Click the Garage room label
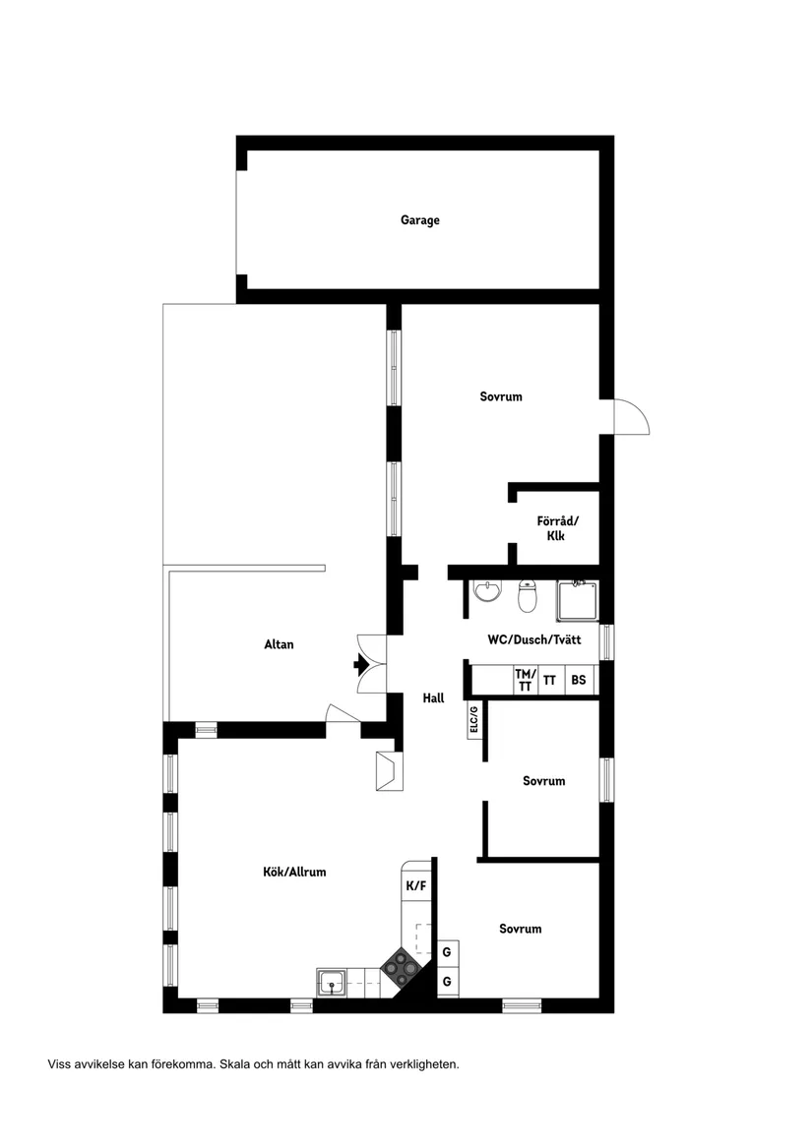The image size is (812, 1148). pyautogui.click(x=420, y=219)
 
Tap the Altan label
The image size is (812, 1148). pyautogui.click(x=279, y=644)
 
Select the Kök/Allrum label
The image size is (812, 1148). pyautogui.click(x=294, y=872)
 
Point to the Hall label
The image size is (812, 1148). pyautogui.click(x=433, y=697)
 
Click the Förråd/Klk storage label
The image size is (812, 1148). pyautogui.click(x=557, y=528)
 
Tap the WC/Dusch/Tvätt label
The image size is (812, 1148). pyautogui.click(x=534, y=639)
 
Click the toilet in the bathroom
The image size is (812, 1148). pyautogui.click(x=528, y=596)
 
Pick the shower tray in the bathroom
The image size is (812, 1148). pyautogui.click(x=578, y=601)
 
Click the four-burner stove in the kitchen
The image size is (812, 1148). pyautogui.click(x=400, y=968)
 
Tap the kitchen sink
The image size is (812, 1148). pyautogui.click(x=333, y=982)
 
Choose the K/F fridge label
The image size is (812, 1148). pyautogui.click(x=415, y=886)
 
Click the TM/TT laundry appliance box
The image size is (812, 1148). pyautogui.click(x=526, y=680)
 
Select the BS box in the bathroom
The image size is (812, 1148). pyautogui.click(x=579, y=680)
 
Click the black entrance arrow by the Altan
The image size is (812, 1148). pyautogui.click(x=360, y=664)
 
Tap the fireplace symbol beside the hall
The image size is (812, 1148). pyautogui.click(x=389, y=771)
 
